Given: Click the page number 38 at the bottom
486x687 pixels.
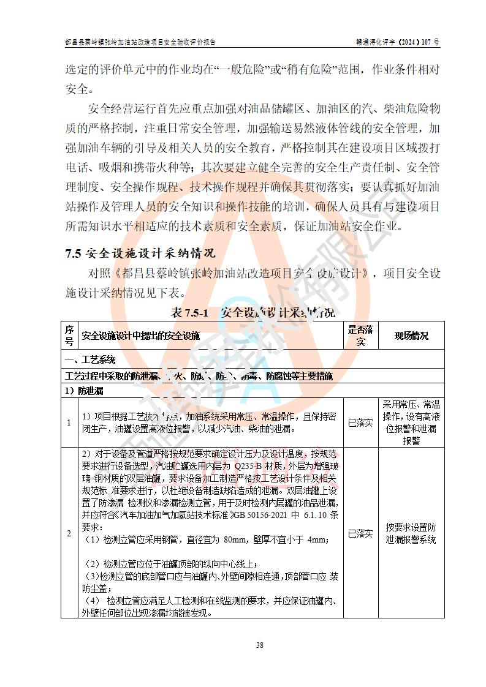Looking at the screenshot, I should coord(260,645).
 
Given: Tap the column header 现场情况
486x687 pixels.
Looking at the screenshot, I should coord(411,336).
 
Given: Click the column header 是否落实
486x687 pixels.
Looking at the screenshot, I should coord(360,336).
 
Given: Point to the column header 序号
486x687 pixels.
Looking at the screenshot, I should coord(69,336).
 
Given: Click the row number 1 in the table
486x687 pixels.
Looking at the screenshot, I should coord(69,422).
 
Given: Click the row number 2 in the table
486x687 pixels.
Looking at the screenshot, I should coord(69,533).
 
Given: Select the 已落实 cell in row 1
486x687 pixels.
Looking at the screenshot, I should coord(360,422).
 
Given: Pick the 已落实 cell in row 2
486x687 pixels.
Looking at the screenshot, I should coord(360,533).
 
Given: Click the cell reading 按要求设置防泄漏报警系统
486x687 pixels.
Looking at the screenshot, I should coord(411,533).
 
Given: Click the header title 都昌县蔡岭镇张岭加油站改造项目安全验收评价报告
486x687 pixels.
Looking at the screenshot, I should coord(140,42).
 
